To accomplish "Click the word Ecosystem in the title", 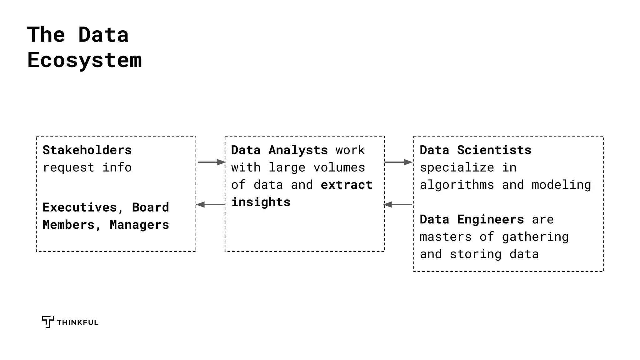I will (84, 60).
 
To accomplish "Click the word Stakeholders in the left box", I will (87, 150).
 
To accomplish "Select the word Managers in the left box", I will (139, 225).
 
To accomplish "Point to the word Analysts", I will (298, 150).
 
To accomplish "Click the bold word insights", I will (261, 202).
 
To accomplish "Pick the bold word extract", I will (347, 185).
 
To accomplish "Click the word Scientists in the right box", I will (494, 150).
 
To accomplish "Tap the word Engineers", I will (490, 220).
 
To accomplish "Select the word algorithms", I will (457, 185).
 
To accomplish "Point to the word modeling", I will (561, 185).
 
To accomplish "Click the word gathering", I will (535, 237).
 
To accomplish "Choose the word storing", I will (475, 254).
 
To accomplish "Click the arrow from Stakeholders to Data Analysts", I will (211, 162).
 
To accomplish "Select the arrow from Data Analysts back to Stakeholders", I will (211, 205).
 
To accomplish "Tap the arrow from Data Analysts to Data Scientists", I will (398, 162).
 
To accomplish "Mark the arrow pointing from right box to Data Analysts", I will (398, 205).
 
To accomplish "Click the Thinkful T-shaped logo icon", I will (48, 322).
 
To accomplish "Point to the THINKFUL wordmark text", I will (77, 322).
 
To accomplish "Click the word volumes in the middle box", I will (339, 168).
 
